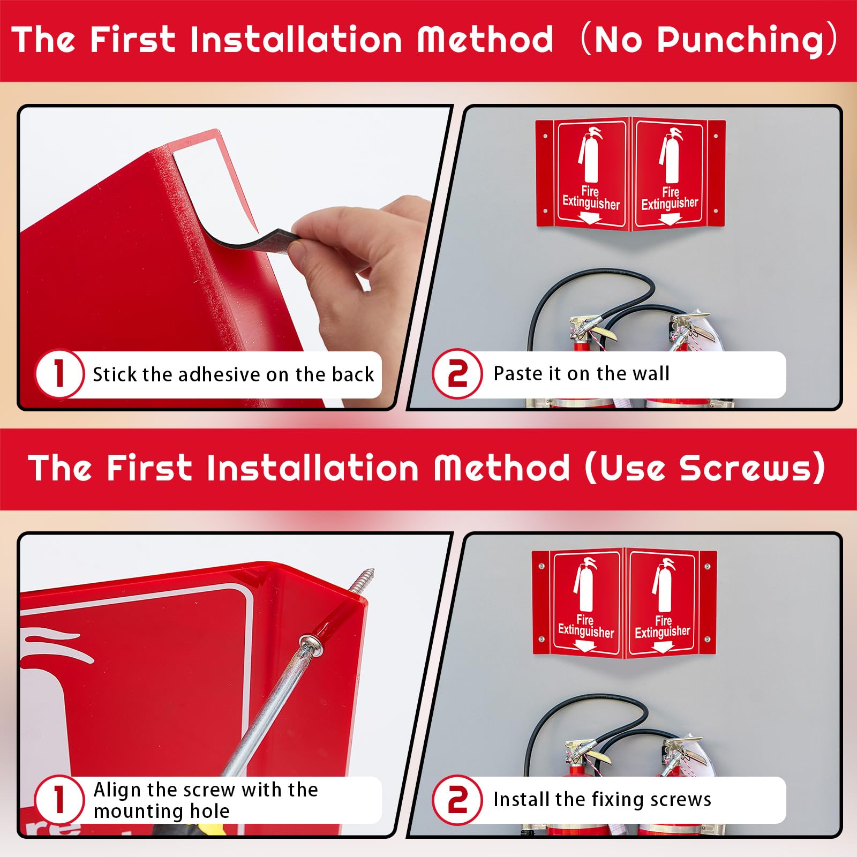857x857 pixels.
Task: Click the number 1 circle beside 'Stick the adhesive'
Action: pos(59,373)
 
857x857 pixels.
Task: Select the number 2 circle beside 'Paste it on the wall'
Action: pos(457,373)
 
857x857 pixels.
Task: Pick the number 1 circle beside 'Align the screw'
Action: pos(59,800)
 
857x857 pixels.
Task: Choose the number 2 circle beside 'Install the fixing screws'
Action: pos(457,800)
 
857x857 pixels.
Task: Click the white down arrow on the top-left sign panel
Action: pos(591,218)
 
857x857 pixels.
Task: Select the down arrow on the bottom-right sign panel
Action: pos(663,647)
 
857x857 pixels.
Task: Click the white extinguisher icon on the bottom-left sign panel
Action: pos(584,585)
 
